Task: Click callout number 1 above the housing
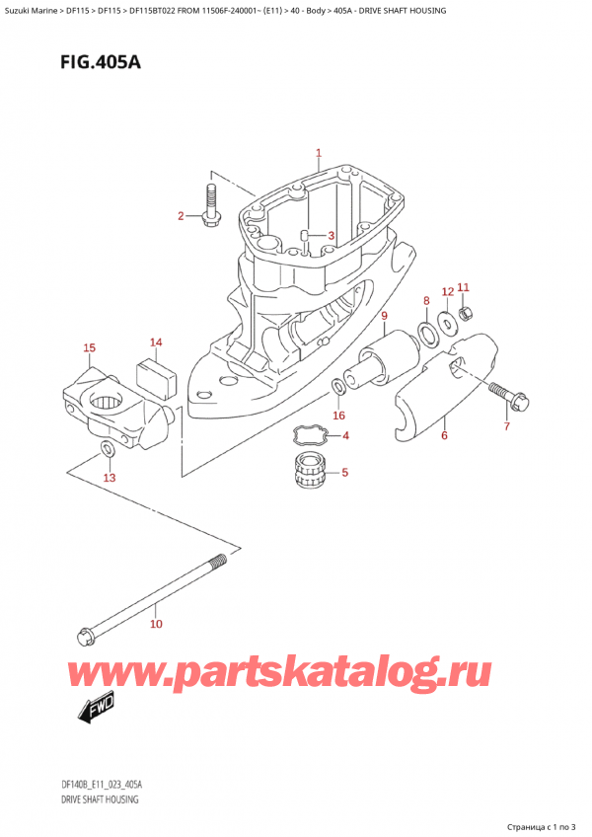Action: pos(319,153)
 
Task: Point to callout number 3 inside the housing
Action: pos(332,235)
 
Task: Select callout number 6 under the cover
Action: pos(444,435)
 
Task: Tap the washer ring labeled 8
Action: pos(429,330)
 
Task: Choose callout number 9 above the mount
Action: pos(383,316)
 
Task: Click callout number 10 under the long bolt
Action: pos(156,624)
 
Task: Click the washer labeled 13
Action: pos(108,452)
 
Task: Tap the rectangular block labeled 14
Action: pos(155,374)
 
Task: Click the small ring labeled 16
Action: pos(338,386)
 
